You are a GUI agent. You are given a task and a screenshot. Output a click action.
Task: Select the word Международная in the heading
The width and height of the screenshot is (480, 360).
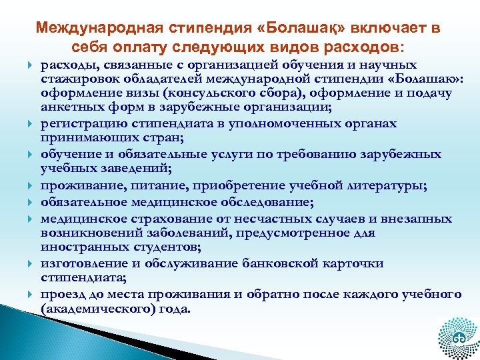(93, 29)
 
